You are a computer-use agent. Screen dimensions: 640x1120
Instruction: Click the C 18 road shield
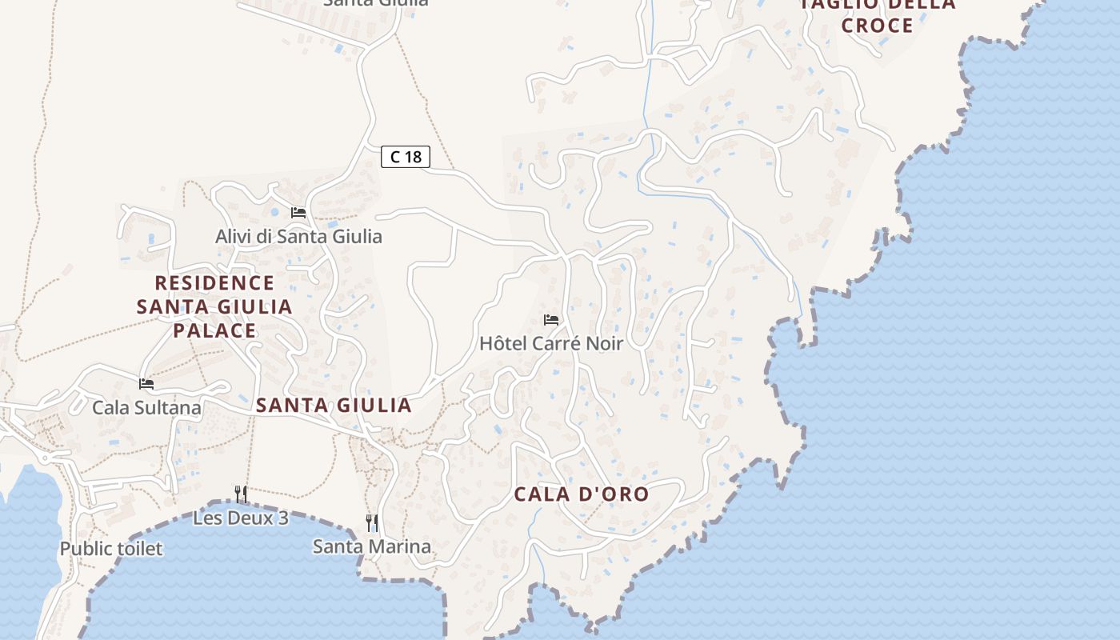point(406,157)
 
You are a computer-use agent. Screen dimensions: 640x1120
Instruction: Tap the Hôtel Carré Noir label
point(550,343)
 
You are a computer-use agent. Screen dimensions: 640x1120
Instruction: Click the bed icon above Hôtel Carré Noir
point(551,320)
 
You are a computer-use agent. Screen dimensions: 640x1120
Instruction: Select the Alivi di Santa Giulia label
point(298,237)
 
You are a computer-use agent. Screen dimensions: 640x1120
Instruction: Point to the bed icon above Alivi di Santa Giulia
point(298,213)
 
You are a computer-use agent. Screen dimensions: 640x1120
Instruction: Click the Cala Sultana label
point(146,408)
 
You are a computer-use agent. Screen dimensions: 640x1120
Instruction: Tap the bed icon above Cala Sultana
point(146,384)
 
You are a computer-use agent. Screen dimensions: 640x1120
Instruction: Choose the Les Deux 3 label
point(240,518)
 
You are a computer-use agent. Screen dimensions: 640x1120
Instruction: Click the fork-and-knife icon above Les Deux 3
point(240,494)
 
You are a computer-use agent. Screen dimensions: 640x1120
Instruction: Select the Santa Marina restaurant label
point(371,547)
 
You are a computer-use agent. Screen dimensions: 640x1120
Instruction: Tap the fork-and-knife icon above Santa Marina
point(371,523)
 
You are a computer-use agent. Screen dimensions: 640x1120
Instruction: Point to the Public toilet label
point(111,549)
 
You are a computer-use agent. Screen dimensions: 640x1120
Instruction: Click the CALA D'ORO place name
point(581,494)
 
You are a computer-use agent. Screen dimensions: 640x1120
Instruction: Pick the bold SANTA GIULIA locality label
point(334,406)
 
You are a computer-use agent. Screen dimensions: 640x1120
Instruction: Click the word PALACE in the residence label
point(214,330)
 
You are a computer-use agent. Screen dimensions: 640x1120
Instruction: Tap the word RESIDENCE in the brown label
point(214,283)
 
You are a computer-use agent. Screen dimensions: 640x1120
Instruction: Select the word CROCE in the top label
point(878,26)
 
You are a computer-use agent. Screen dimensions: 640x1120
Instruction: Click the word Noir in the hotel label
point(604,343)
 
